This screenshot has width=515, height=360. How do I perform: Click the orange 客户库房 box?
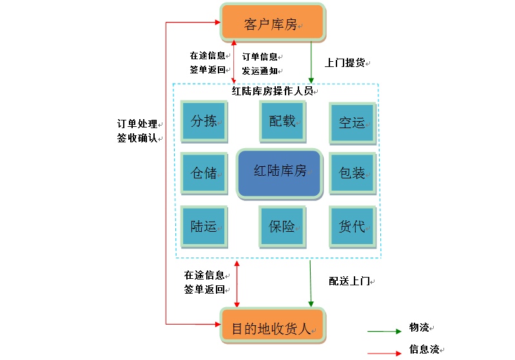click(273, 23)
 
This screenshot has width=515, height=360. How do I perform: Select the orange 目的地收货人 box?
click(273, 327)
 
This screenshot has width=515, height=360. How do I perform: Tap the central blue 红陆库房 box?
click(279, 172)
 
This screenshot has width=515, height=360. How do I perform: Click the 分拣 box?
click(204, 120)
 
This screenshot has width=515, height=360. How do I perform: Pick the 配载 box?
click(282, 120)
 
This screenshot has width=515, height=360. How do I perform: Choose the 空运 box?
click(352, 122)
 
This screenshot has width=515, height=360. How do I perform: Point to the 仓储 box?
click(204, 173)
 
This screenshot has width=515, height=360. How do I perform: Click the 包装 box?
click(352, 173)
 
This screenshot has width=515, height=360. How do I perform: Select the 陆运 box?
click(204, 226)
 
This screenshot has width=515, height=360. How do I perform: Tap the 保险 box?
click(282, 226)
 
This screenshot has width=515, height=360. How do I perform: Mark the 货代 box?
click(352, 226)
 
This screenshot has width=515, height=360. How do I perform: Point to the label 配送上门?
click(349, 281)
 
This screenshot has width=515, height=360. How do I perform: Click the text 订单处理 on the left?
click(137, 124)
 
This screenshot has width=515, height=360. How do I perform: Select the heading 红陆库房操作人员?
click(272, 91)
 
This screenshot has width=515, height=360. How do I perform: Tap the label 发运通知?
click(260, 71)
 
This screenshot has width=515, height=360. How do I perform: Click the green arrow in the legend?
click(384, 332)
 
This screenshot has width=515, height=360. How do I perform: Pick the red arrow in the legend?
click(384, 353)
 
